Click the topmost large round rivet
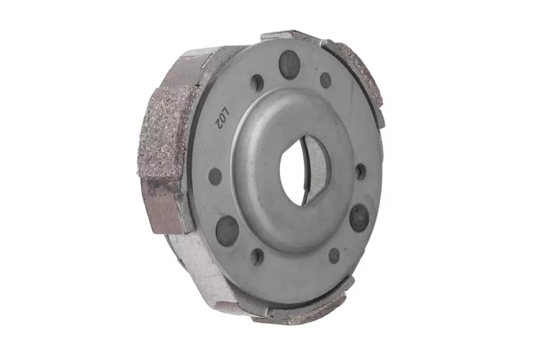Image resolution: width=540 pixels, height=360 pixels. coord(289,65)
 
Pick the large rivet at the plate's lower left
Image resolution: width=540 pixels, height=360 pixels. coord(227,231)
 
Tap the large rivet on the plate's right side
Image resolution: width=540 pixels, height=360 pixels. coord(359,217)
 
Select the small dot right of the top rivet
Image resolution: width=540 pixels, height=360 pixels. coord(325,80)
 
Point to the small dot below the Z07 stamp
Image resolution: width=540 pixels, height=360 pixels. coord(215,176)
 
